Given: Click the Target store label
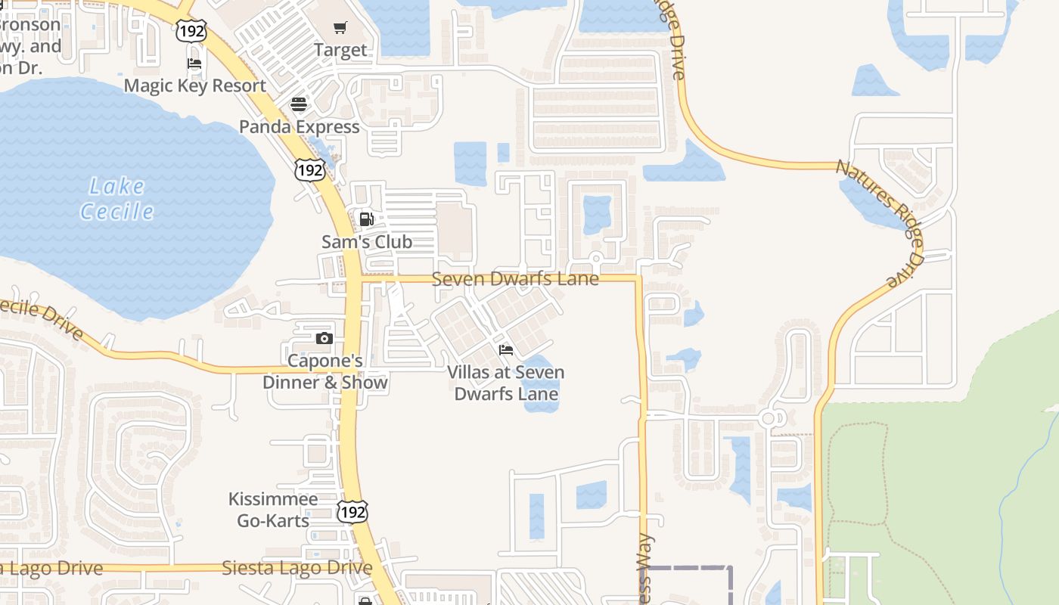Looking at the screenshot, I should click(340, 51).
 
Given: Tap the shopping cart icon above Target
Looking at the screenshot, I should click(340, 28).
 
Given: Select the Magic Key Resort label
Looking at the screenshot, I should click(195, 85).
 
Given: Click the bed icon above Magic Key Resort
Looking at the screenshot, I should click(194, 64).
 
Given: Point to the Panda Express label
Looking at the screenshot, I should click(300, 126).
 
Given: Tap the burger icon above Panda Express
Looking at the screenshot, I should click(299, 104).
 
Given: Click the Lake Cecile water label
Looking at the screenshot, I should click(117, 199).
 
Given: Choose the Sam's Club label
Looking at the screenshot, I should click(367, 242).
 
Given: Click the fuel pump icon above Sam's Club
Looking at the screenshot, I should click(366, 219).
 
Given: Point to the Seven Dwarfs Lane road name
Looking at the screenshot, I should click(515, 279).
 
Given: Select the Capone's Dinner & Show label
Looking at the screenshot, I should click(325, 371).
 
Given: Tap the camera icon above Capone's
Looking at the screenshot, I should click(325, 338).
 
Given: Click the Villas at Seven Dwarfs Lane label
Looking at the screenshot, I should click(506, 383).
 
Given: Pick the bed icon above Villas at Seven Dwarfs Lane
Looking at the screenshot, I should click(506, 349).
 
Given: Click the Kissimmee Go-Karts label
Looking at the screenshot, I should click(273, 510).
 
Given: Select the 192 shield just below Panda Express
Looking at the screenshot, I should click(310, 169).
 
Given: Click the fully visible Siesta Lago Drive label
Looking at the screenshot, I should click(297, 568).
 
